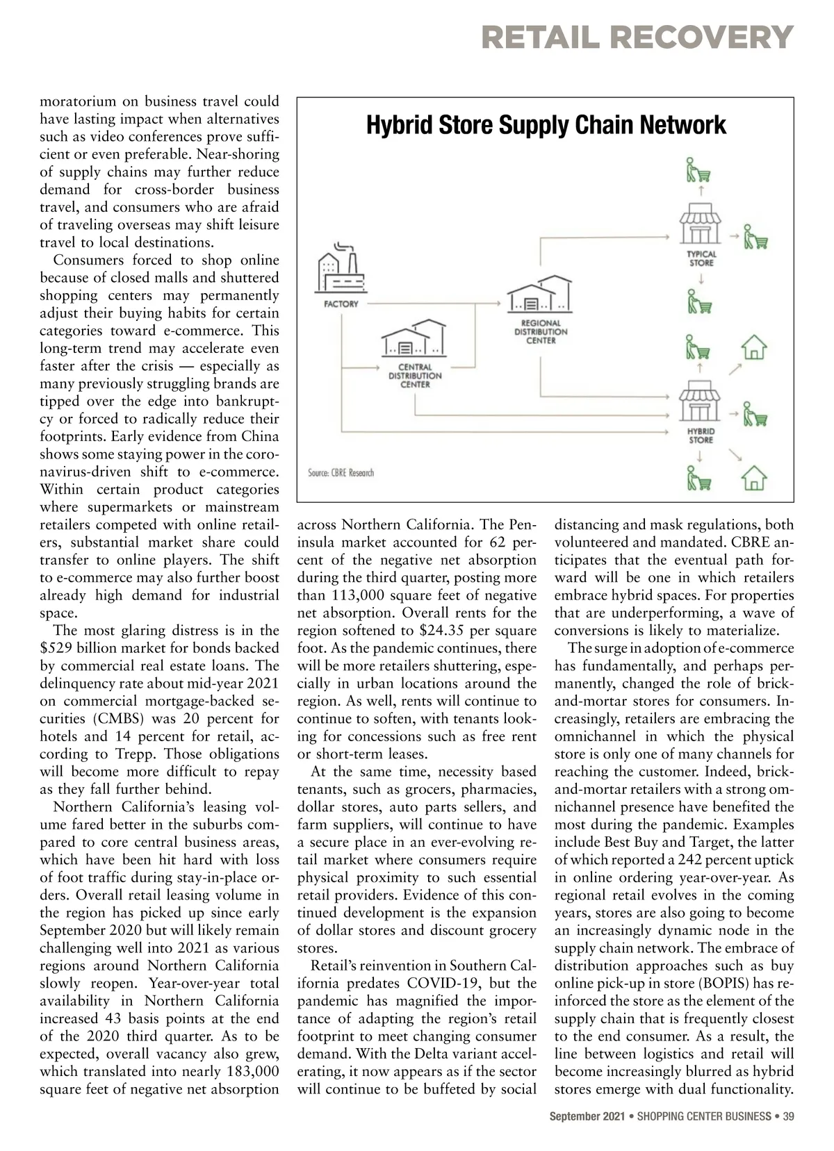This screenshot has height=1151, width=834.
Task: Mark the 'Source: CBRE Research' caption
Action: (341, 473)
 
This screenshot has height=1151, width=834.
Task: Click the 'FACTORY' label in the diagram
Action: (341, 304)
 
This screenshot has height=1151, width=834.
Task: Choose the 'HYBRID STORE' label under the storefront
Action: (701, 436)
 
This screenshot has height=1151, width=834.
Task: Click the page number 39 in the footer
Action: (789, 1117)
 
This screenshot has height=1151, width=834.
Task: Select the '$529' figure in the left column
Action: (57, 648)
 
